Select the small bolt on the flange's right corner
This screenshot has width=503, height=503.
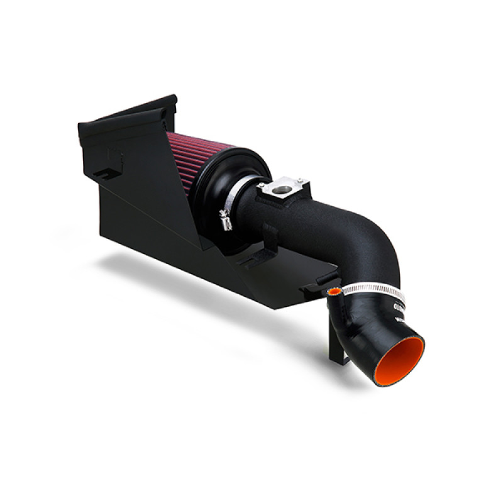(x=306, y=183)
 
